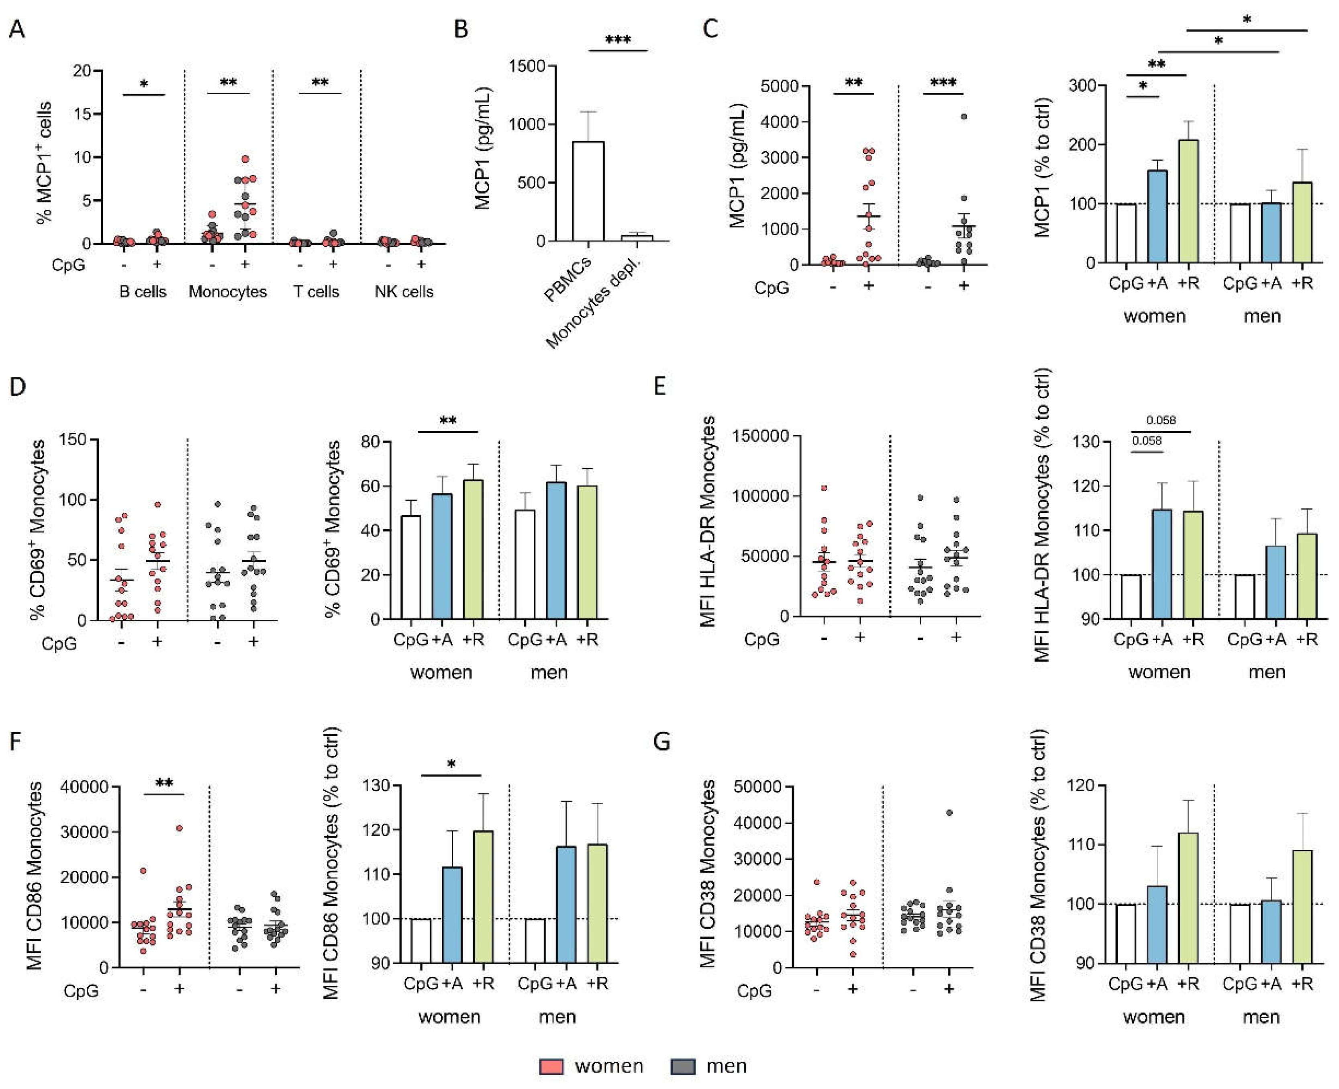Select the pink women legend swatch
pos(551,1066)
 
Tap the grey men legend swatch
pos(683,1066)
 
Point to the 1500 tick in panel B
pos(527,66)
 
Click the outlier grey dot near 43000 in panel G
pos(950,813)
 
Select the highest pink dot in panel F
pos(179,828)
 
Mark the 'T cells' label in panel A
pos(316,292)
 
